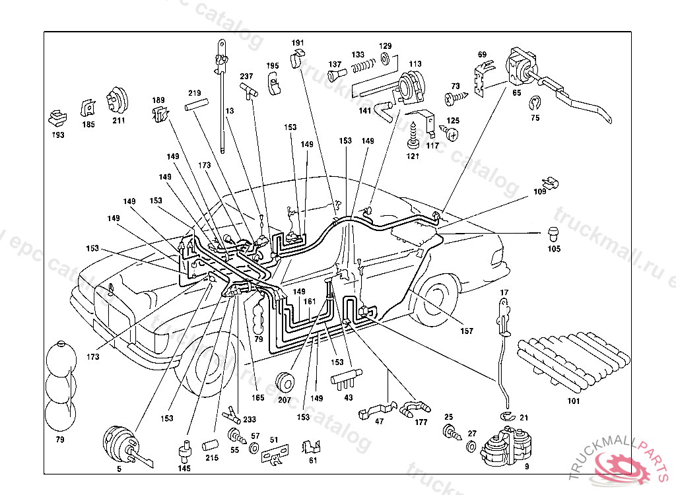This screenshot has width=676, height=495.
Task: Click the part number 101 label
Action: pos(573,401)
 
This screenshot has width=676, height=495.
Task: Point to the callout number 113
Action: pos(415,64)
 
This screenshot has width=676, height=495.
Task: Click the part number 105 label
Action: pos(553,249)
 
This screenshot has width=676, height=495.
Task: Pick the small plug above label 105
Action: pos(553,232)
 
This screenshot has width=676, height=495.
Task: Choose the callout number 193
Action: pos(58,135)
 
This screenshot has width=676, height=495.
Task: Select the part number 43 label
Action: pos(349,397)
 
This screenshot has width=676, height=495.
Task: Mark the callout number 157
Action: pos(467,331)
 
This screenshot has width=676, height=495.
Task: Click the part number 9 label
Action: pos(526,467)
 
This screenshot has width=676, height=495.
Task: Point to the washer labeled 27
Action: pos(471,446)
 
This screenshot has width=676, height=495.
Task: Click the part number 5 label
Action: pos(119,469)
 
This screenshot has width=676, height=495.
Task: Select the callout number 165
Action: pos(257,398)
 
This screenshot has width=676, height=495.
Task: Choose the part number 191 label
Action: pos(298,43)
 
